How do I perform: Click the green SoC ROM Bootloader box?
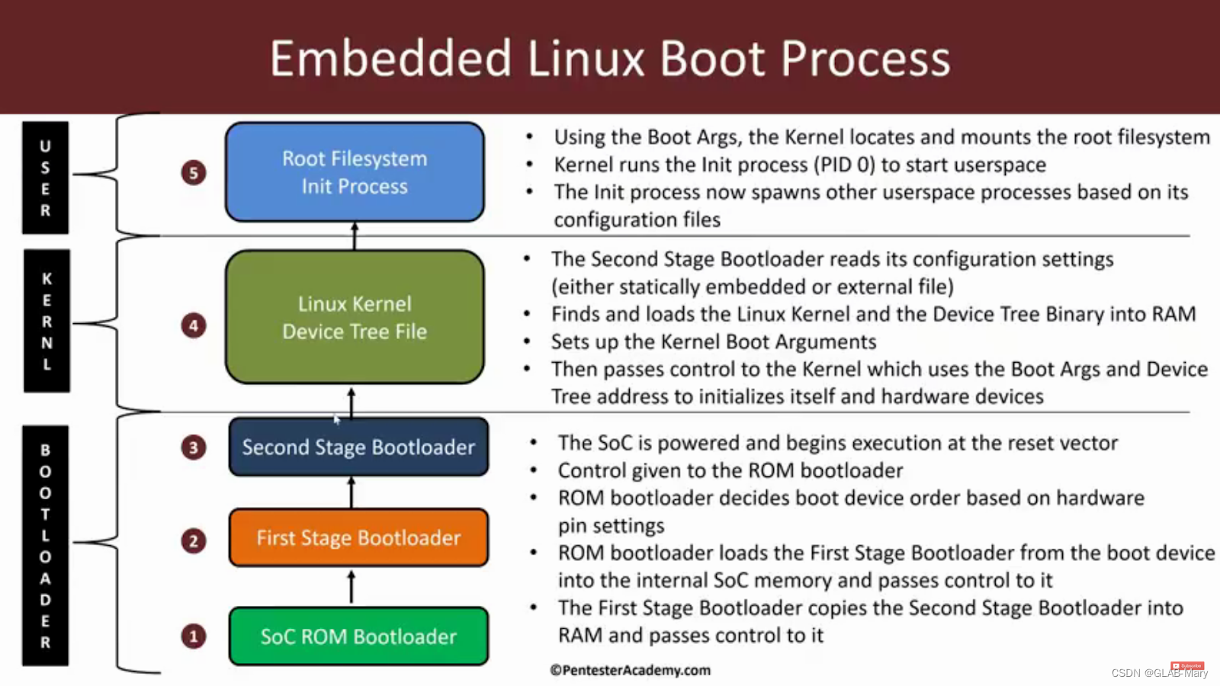click(x=358, y=636)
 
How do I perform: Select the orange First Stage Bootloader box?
click(x=358, y=537)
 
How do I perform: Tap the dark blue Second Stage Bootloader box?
click(x=358, y=447)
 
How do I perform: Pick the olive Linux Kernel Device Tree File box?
click(x=355, y=317)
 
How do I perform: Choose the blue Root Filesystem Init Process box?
click(x=355, y=172)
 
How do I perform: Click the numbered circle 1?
click(x=194, y=636)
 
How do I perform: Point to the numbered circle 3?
click(x=194, y=447)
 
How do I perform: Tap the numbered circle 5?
click(x=194, y=173)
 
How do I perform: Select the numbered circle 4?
click(x=194, y=326)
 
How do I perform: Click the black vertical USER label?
click(x=45, y=178)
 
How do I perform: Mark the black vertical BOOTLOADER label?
click(x=45, y=546)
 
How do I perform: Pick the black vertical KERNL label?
click(x=47, y=321)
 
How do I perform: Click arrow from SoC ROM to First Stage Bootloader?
click(x=352, y=587)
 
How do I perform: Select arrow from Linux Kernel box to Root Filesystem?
click(x=355, y=236)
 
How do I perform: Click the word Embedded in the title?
click(x=390, y=59)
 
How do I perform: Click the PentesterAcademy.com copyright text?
click(x=631, y=670)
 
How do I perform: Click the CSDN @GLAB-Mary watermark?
click(x=1159, y=673)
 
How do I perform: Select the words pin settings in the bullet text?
click(x=611, y=526)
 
